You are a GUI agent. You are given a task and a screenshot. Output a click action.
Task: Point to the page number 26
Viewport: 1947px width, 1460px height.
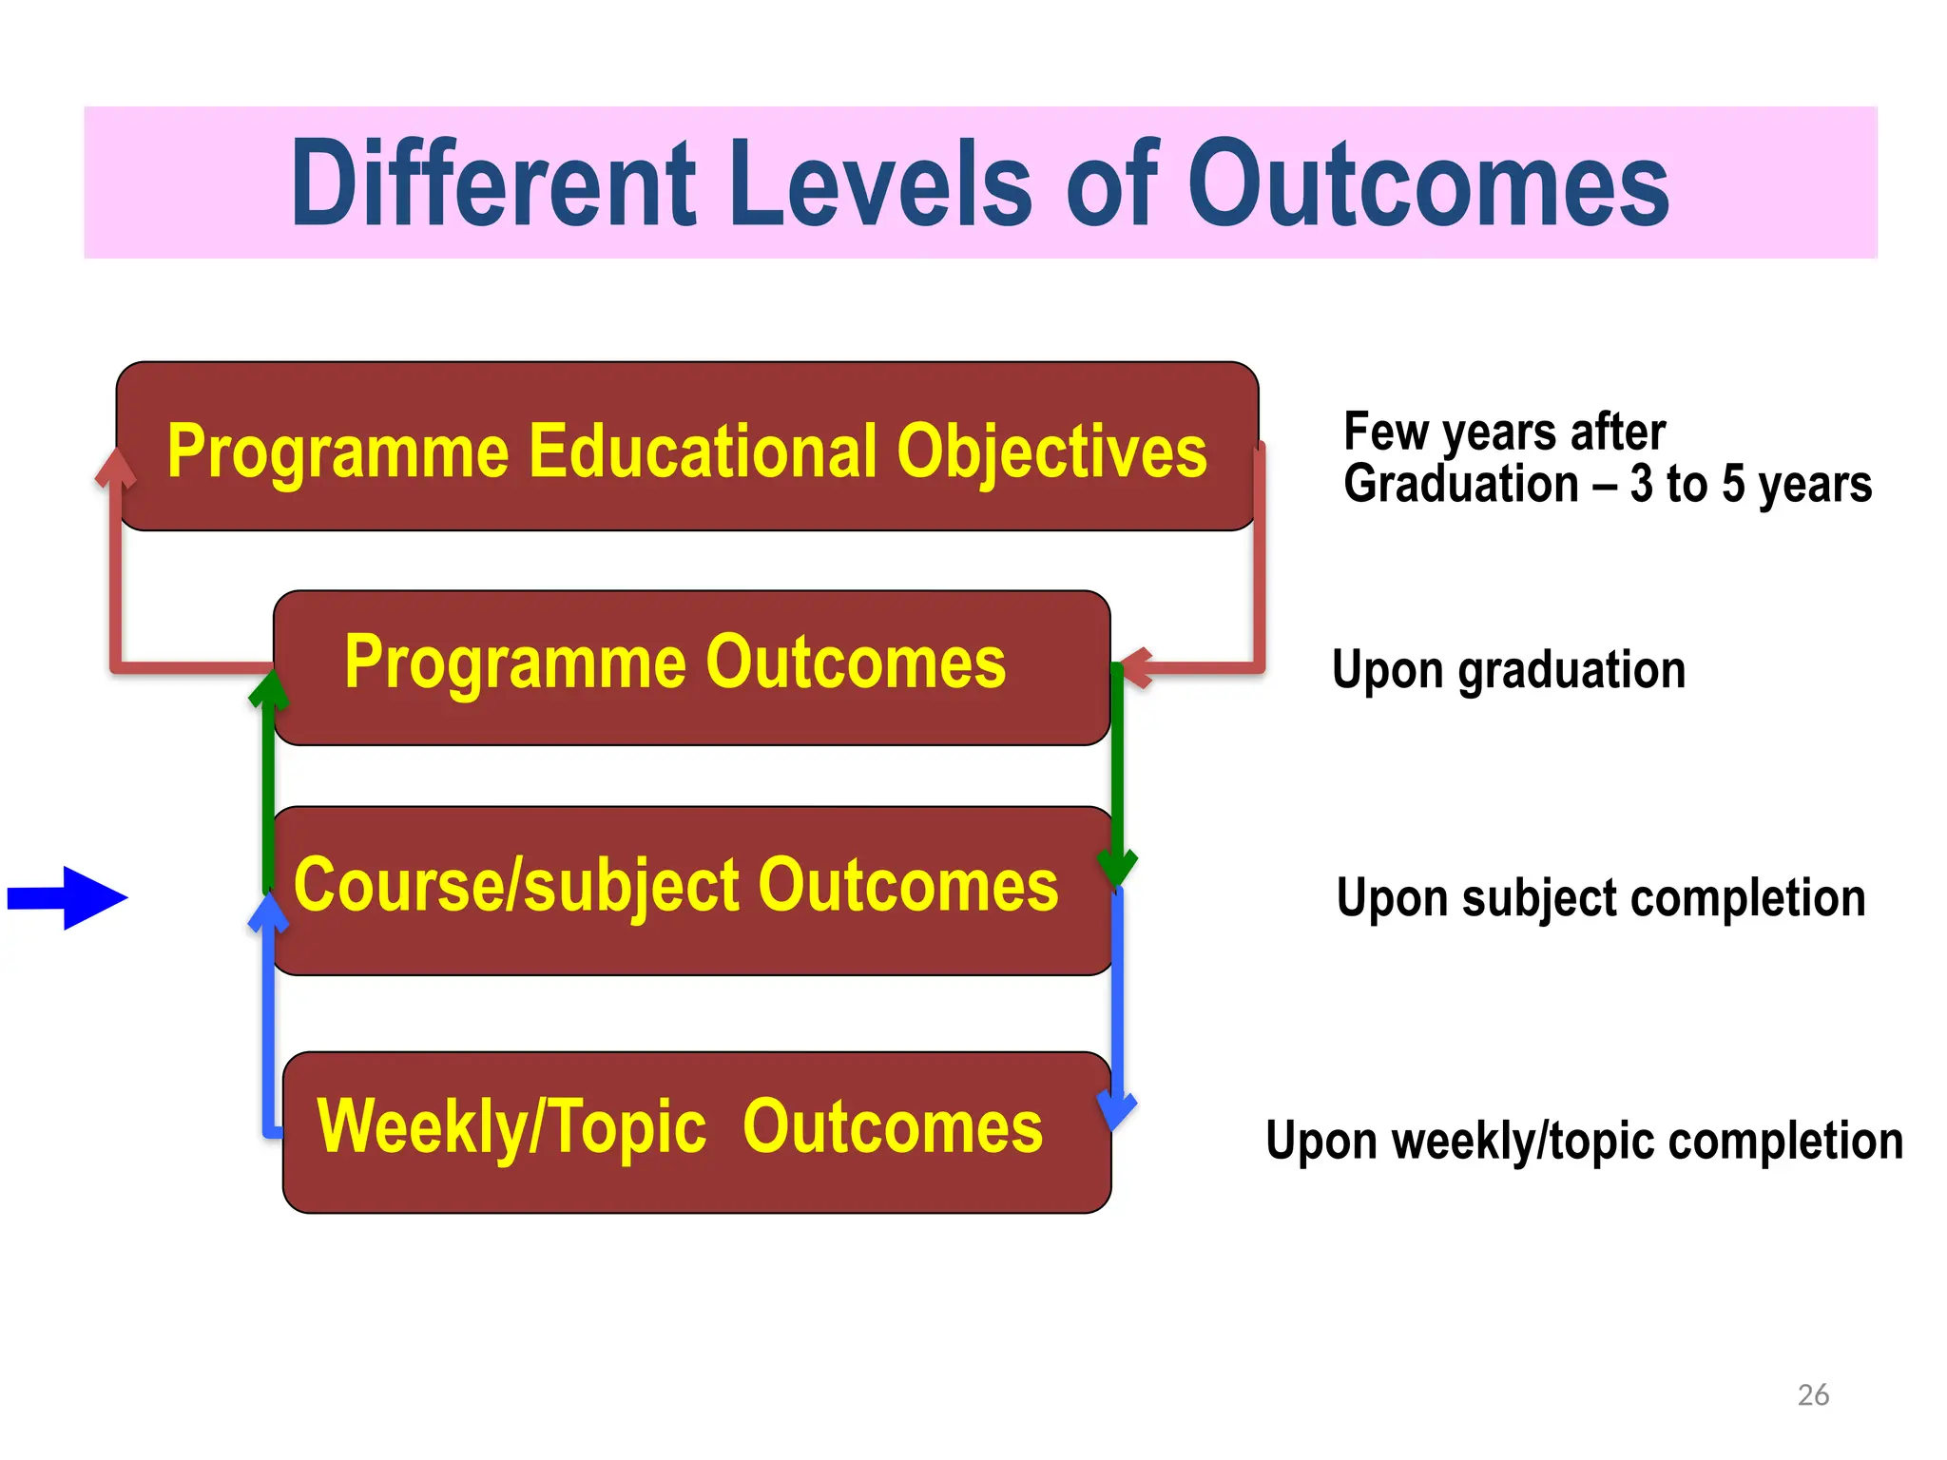point(1813,1394)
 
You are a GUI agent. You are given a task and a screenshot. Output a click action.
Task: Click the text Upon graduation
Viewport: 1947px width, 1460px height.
point(1508,670)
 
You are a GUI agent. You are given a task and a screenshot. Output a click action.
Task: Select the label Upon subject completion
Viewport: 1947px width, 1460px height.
point(1600,898)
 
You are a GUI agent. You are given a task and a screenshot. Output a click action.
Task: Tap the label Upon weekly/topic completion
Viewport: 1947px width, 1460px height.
point(1584,1141)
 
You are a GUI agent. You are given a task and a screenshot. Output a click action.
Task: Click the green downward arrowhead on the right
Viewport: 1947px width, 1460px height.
point(1117,867)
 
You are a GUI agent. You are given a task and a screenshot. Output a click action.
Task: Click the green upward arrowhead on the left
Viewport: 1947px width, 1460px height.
point(269,689)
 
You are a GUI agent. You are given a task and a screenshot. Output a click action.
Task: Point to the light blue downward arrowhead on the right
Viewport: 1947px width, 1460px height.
point(1117,1109)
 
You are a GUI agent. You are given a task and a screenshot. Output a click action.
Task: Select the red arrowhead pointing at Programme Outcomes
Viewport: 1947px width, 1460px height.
point(1137,667)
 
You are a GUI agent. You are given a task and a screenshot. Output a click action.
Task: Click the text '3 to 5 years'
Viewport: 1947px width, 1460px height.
point(1750,485)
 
